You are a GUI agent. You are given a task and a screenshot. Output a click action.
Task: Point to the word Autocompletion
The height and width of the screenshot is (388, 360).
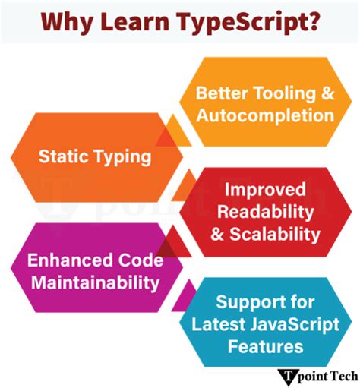264,115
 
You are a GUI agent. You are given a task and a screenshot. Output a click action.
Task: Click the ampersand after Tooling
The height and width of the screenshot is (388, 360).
327,93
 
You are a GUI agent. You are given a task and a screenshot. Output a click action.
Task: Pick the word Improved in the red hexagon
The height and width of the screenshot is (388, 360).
264,189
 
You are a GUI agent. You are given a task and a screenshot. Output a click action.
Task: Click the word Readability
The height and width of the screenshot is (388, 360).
264,210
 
